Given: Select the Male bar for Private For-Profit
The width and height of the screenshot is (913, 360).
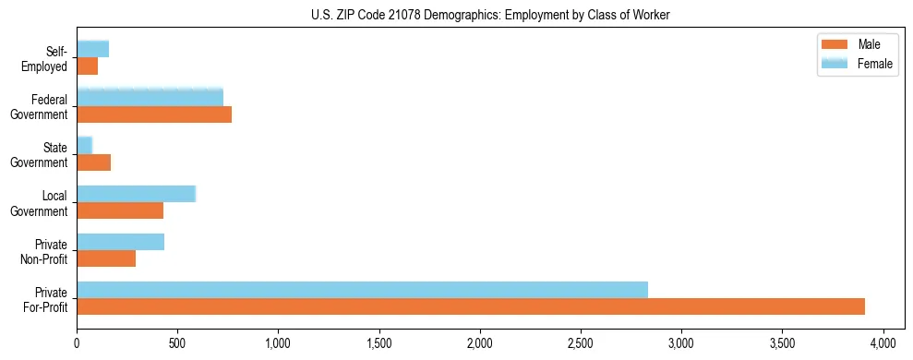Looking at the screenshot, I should click(470, 306).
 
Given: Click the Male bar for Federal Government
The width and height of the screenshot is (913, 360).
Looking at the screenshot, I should click(154, 114).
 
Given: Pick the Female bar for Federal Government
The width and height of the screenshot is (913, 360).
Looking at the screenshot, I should click(150, 97).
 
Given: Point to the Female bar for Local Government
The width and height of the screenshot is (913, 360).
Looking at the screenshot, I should click(136, 194).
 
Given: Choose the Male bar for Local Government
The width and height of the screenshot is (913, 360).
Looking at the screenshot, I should click(120, 210).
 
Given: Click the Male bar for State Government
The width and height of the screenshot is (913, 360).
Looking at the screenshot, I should click(93, 162).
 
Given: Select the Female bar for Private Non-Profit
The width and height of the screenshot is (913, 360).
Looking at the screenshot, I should click(120, 242).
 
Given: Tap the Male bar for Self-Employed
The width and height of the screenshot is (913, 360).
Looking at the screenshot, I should click(87, 66).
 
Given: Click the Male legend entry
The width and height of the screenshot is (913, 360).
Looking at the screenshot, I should click(857, 45).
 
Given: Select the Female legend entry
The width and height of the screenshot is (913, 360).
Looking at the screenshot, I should click(857, 64).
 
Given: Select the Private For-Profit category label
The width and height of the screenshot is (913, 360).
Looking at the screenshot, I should click(45, 299).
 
